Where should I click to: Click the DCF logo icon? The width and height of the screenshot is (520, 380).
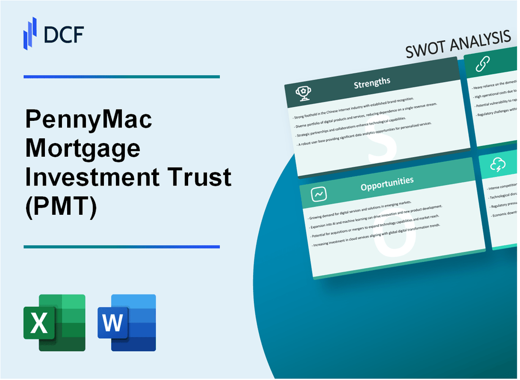point(30,33)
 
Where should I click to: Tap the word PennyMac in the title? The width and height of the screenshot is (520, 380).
point(88,120)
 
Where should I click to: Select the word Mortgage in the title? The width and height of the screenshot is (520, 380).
point(82,149)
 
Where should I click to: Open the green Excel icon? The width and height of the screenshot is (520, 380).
point(54,323)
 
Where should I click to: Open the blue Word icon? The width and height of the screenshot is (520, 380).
point(127,323)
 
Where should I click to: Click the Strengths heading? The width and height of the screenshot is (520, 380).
point(373,83)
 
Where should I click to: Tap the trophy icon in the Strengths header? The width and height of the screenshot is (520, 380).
point(303,93)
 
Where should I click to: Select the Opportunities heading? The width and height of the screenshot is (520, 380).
point(387,181)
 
